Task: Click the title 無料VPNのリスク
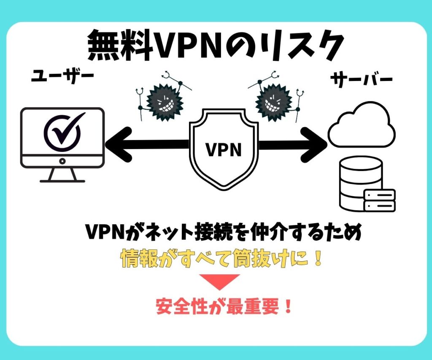216,46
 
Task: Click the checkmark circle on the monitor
63,131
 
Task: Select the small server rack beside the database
379,200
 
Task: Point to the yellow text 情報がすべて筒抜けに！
221,259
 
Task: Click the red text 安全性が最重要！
224,307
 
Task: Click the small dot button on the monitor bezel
62,161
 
